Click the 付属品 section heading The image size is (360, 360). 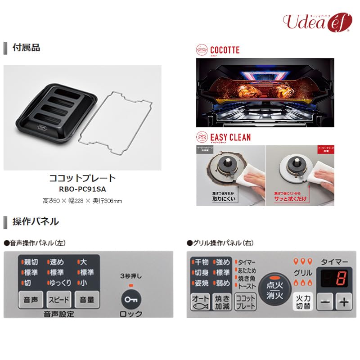pos(26,48)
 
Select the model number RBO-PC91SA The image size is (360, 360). pos(82,189)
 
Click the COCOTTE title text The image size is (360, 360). pos(225,50)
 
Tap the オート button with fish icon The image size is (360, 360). pos(201,301)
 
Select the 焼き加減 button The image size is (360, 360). pos(222,301)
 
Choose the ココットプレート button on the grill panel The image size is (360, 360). pos(245,301)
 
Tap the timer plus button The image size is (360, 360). pos(343,302)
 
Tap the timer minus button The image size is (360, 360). pos(325,302)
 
